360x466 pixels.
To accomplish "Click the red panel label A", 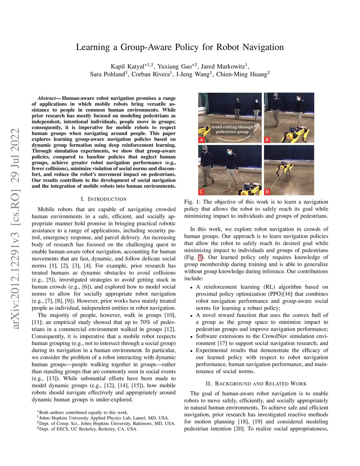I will (x=201, y=140).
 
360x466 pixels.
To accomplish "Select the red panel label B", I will (x=267, y=140).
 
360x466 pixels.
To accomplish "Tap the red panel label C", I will (x=201, y=192).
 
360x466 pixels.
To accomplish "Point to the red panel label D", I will (x=267, y=192).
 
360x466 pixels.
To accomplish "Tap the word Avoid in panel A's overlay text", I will (x=216, y=127).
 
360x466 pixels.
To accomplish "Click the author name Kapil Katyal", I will (x=128, y=66).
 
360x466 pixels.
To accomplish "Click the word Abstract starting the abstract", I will (x=47, y=98).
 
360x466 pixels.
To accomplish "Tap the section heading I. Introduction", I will (x=104, y=199).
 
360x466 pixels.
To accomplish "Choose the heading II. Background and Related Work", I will (x=256, y=384).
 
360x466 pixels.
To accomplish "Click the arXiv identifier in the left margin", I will (x=15, y=229).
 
